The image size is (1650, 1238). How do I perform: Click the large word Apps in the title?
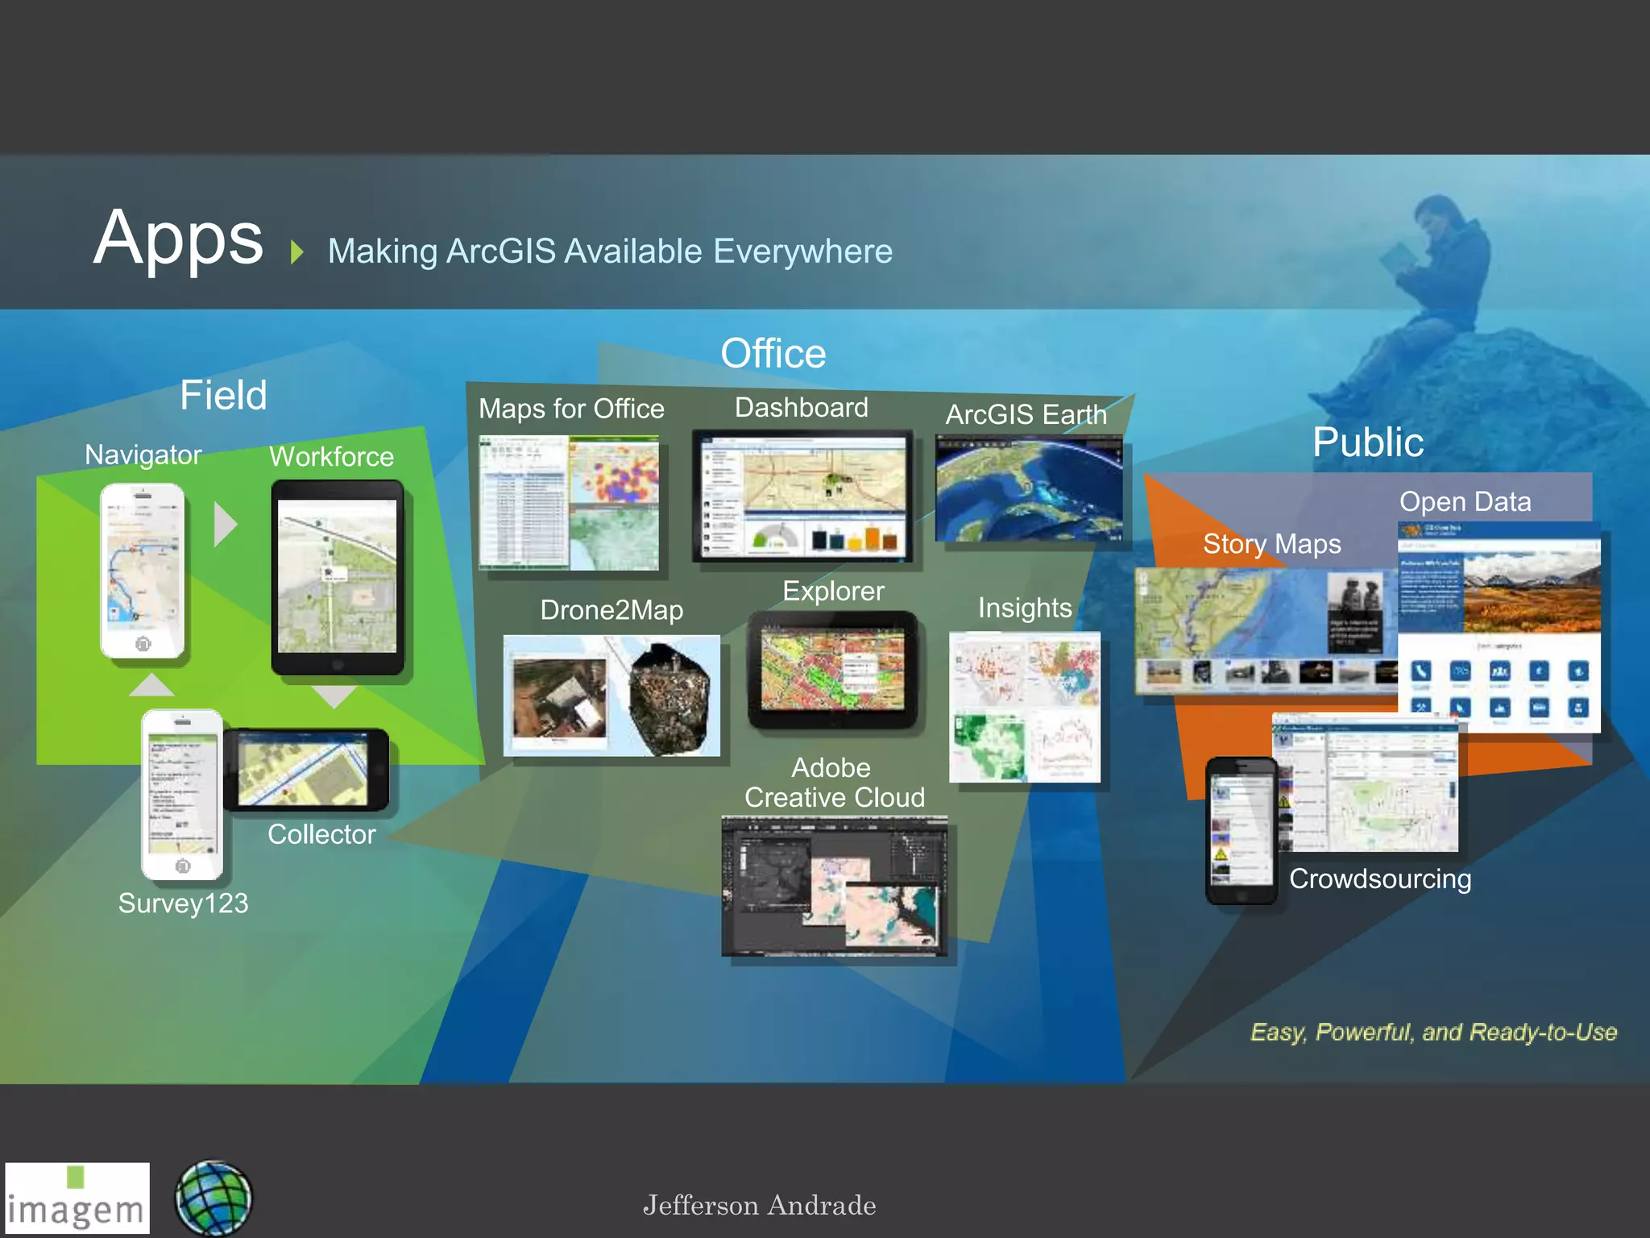178,239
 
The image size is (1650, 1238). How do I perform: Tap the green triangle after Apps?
297,251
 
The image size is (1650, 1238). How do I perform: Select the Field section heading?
223,395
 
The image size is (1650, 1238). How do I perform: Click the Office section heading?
773,354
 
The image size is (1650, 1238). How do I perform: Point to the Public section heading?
1367,442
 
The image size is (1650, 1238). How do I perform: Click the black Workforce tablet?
337,577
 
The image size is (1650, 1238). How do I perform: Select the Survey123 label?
183,903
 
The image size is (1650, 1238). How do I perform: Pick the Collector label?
321,834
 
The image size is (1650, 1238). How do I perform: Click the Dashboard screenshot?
802,496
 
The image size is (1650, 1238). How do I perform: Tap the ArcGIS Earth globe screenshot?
1028,488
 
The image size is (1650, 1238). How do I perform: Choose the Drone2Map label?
611,610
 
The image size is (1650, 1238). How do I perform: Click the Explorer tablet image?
832,670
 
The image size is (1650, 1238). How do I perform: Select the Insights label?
1025,608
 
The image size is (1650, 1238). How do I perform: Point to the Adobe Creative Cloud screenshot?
835,887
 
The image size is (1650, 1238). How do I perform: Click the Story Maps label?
1271,544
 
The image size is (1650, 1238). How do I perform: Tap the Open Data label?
1465,501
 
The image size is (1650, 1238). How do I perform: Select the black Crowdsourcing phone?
1241,830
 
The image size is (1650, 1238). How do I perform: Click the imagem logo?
77,1199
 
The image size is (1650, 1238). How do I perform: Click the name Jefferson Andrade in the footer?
759,1206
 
